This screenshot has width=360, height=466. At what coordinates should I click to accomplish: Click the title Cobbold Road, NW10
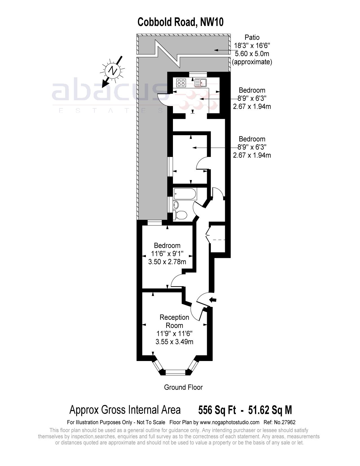point(180,22)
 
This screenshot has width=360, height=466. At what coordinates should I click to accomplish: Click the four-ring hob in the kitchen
point(181,83)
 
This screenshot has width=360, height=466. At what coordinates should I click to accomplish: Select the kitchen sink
point(200,83)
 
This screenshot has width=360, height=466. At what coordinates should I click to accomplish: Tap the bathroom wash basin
point(176,204)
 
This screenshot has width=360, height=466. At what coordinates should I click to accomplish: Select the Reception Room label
point(174,321)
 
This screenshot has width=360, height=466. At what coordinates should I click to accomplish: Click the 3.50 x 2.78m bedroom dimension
point(167,262)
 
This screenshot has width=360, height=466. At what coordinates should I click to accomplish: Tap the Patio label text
point(252,37)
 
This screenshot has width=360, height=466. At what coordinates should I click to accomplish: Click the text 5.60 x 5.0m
point(252,53)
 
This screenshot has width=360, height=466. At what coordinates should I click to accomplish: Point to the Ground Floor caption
point(183,387)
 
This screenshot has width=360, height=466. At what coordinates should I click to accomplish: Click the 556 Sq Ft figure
point(217,410)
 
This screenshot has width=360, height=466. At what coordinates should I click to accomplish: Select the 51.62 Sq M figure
point(270,410)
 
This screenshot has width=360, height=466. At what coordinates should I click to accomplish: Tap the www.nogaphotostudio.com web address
point(229,423)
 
